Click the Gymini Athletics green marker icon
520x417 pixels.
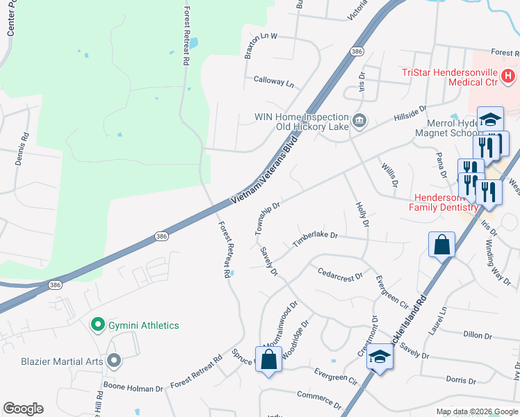[98, 325]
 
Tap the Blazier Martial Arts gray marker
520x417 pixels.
[115, 361]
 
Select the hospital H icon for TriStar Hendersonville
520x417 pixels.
[508, 75]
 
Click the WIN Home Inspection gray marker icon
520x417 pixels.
[359, 122]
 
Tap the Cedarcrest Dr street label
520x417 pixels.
[340, 275]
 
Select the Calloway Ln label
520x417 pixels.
[274, 82]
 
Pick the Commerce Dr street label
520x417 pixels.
[319, 399]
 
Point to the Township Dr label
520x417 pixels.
[267, 218]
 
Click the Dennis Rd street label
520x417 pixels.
[20, 149]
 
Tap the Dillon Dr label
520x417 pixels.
[477, 335]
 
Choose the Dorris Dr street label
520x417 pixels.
[461, 380]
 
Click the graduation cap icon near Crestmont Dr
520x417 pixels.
[380, 357]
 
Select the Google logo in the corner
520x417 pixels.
[23, 409]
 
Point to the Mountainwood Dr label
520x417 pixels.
[282, 322]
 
